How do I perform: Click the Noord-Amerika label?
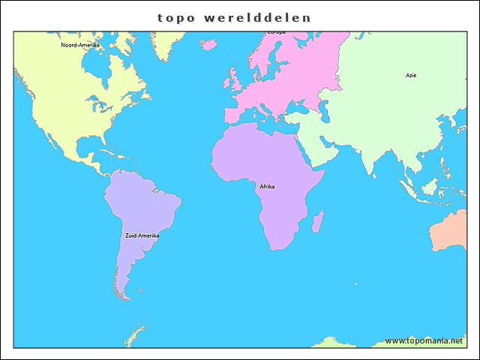[80, 45]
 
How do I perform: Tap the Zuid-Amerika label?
[142, 235]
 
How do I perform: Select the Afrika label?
[267, 187]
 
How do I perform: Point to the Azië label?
[411, 76]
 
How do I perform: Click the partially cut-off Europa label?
[276, 32]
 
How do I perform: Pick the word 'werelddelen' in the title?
[256, 16]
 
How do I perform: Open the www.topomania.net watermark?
[424, 340]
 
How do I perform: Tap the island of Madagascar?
[317, 222]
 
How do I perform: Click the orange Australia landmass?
[454, 232]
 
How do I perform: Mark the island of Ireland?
[225, 80]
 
